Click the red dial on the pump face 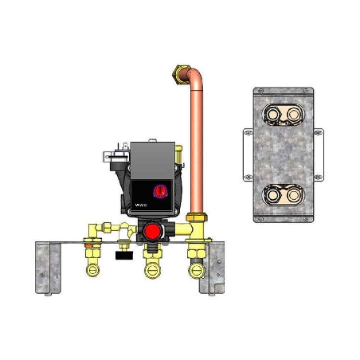[x=158, y=190]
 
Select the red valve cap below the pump [x=151, y=232]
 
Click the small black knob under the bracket [x=123, y=257]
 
